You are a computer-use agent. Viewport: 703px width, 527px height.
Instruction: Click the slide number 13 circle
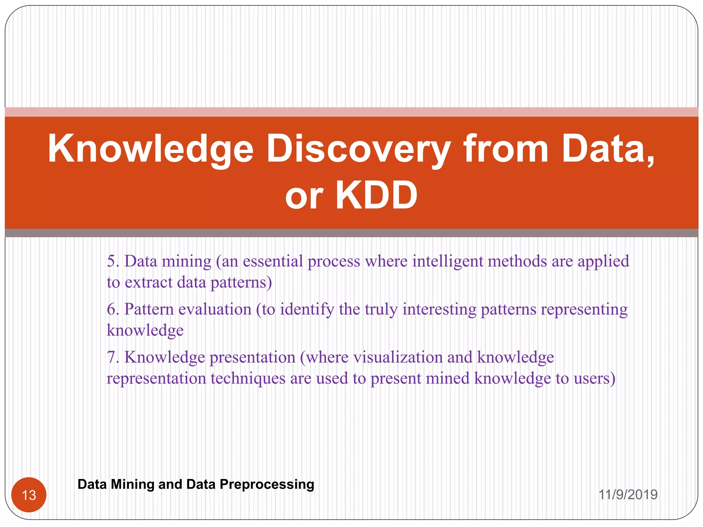coord(29,495)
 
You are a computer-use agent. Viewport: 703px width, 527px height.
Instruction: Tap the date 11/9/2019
coord(628,494)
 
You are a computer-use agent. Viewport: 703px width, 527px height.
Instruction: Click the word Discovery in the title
coord(358,149)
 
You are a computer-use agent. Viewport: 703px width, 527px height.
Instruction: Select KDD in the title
coord(376,195)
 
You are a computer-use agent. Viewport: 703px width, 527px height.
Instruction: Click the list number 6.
coord(113,309)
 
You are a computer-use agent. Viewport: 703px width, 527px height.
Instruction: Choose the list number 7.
coord(113,358)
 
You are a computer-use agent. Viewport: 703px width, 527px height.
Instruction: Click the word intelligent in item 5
coord(448,261)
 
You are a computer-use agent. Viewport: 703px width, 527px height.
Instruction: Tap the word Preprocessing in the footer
coord(267,484)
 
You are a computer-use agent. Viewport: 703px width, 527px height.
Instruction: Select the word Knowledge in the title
coord(150,149)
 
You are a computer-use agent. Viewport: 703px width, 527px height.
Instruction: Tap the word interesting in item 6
coord(439,309)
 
